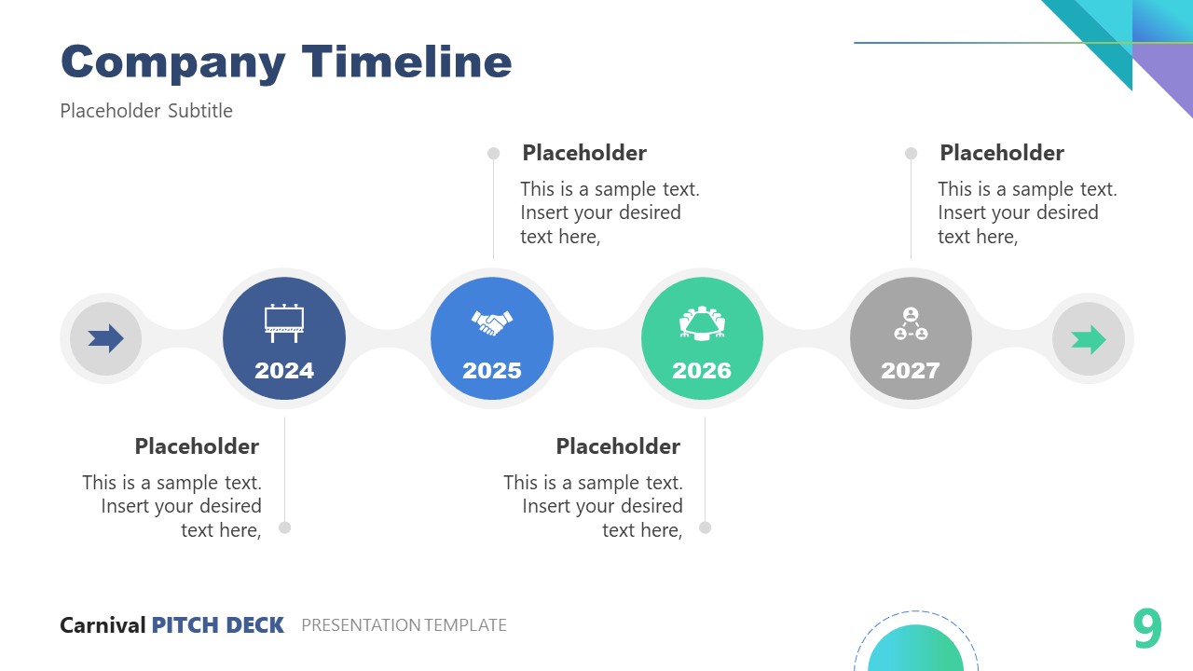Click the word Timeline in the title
tap(406, 62)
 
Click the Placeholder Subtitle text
tap(146, 111)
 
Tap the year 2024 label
tap(284, 371)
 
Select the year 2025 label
tap(492, 371)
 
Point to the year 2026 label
tap(702, 371)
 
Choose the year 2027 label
tap(911, 371)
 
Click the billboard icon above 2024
tap(284, 322)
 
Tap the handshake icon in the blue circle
tap(492, 322)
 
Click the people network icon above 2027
tap(911, 323)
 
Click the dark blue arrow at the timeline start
tap(106, 338)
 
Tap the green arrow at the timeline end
tap(1089, 340)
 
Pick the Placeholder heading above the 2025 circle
tap(584, 153)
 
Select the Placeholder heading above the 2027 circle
tap(1002, 153)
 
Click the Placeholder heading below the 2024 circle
tap(197, 446)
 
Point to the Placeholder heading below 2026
tap(618, 446)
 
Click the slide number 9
tap(1147, 629)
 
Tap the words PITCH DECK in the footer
tap(217, 625)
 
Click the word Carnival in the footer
tap(103, 625)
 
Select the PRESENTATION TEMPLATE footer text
tap(404, 625)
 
